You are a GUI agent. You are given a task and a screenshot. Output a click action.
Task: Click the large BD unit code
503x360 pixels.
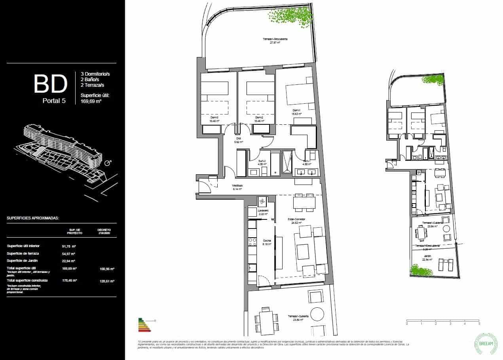[50, 84]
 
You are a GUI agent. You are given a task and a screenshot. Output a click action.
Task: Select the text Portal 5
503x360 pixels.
[54, 101]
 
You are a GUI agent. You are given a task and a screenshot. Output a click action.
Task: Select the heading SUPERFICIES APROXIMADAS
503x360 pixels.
[33, 218]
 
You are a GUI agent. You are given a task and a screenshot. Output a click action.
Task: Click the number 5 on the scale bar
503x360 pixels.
[479, 324]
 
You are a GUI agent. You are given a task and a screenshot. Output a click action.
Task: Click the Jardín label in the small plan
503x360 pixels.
[427, 257]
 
